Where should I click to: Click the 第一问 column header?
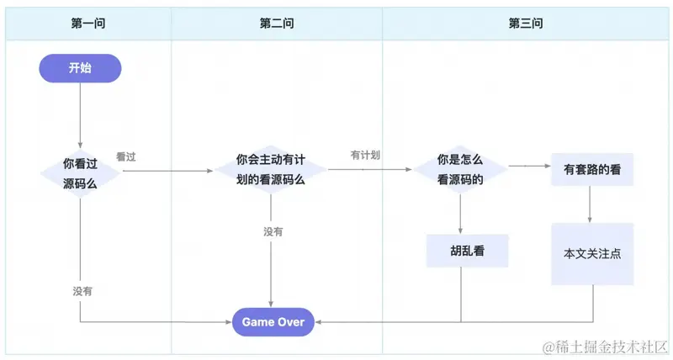click(x=87, y=24)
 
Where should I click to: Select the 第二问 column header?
click(x=277, y=24)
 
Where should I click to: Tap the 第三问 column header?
click(x=526, y=24)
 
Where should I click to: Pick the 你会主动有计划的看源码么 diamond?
click(x=271, y=169)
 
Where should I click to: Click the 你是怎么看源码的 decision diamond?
click(x=460, y=169)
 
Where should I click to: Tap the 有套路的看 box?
click(x=592, y=170)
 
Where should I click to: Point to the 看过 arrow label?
click(x=126, y=156)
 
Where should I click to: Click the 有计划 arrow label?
click(x=366, y=156)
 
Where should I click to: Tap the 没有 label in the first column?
click(x=82, y=291)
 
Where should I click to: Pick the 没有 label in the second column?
click(x=273, y=231)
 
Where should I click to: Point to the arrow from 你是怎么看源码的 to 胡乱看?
click(x=461, y=214)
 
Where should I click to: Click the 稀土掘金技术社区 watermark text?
click(x=606, y=347)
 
